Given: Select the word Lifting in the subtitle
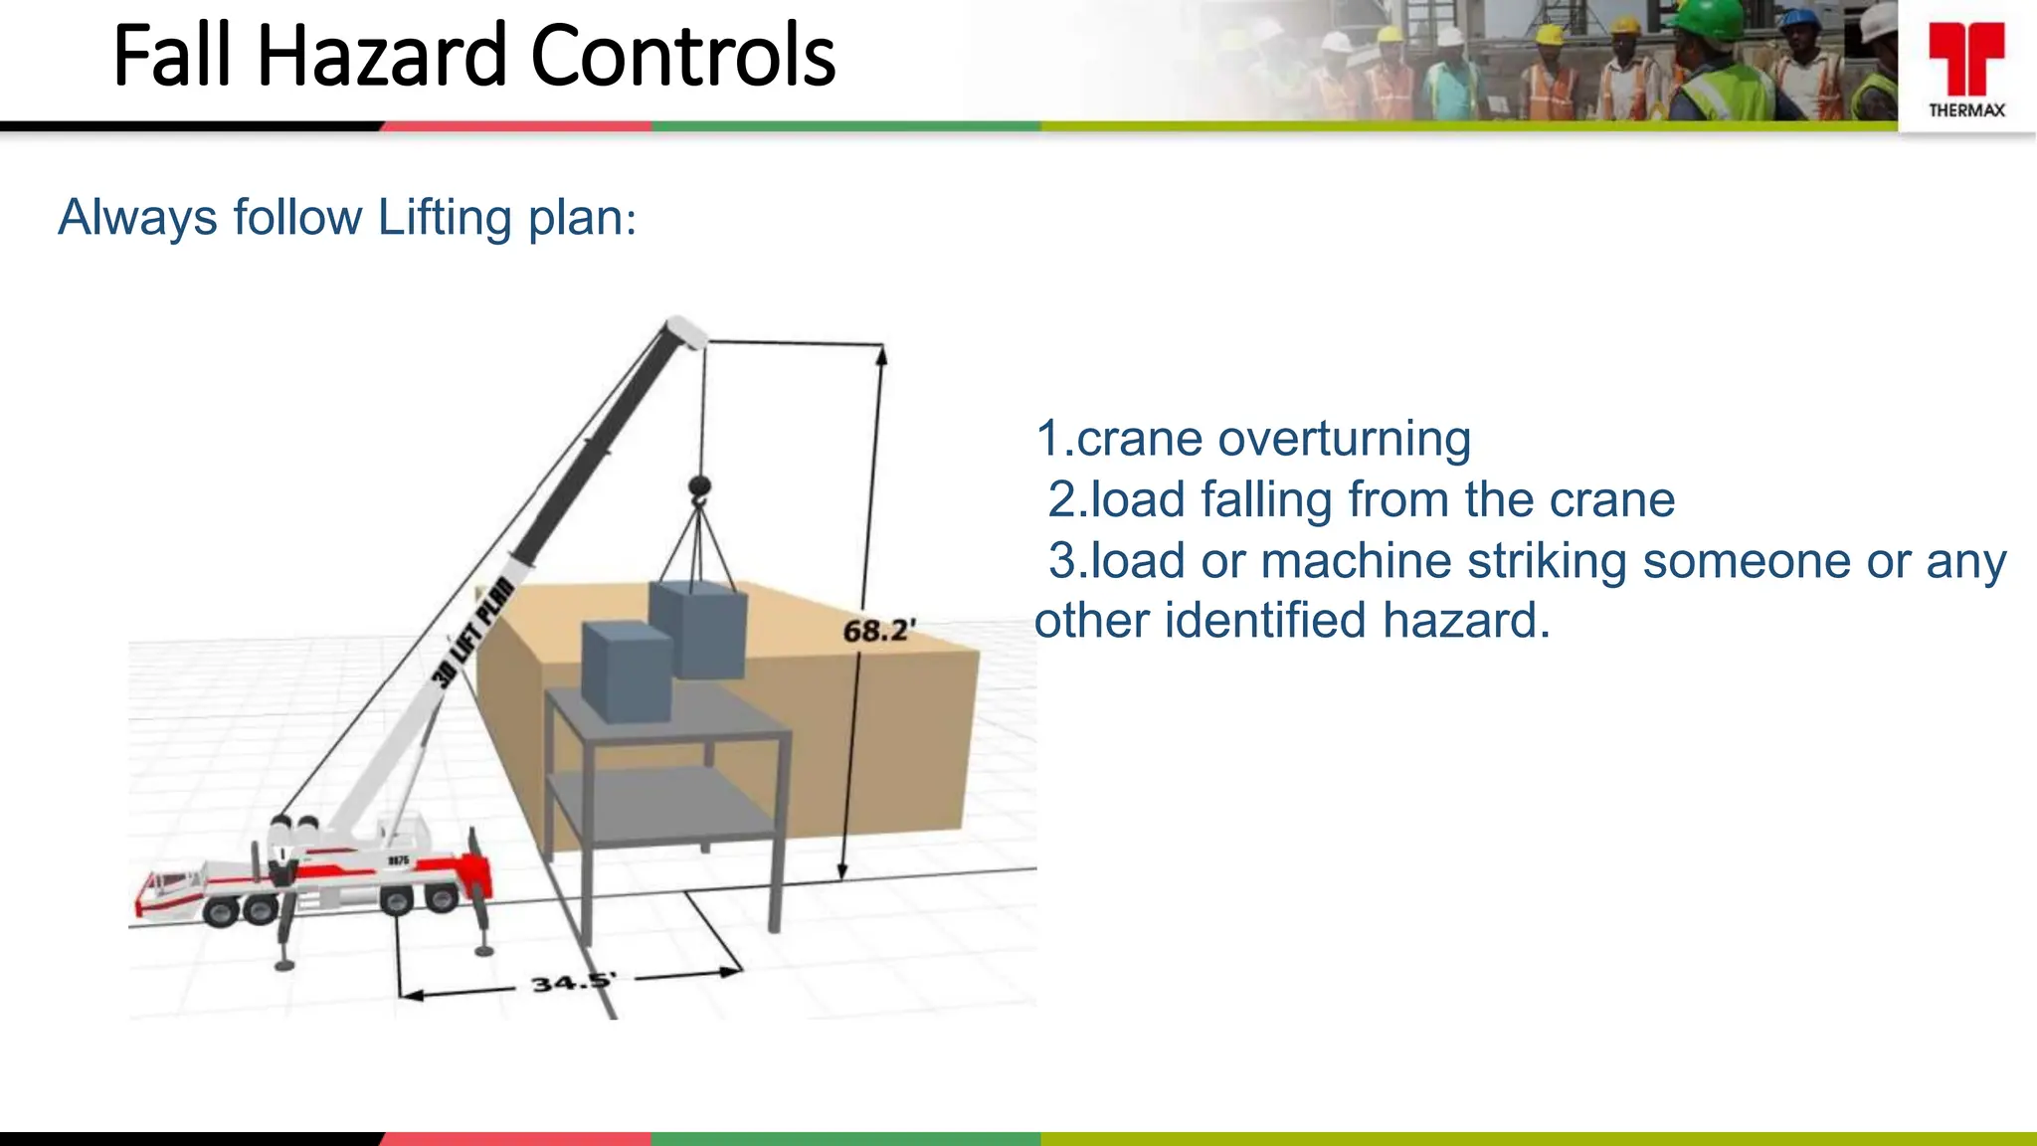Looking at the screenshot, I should tap(445, 217).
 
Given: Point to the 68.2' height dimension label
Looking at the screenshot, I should tap(878, 631).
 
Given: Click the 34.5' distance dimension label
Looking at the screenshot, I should tap(573, 983).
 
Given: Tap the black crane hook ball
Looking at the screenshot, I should tap(699, 486).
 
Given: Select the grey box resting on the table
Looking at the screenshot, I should tap(627, 672).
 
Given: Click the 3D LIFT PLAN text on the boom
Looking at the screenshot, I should tap(474, 633).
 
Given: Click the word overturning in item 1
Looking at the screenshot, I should tap(1343, 439).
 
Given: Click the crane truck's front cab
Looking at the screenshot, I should tap(169, 890).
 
